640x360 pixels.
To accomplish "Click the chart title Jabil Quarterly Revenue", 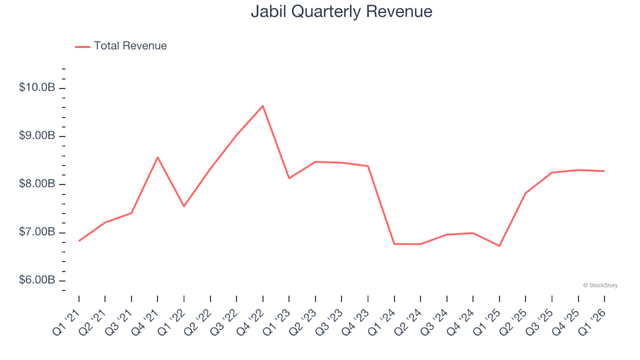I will coord(341,12).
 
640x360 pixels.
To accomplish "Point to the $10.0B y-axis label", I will coord(37,88).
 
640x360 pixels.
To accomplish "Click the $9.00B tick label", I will coord(37,136).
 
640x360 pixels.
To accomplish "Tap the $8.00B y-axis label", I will coord(37,184).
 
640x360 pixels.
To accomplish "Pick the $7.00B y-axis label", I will coord(37,232).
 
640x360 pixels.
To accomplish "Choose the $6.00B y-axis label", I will coord(37,280).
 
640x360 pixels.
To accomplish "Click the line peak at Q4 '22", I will coord(263,106).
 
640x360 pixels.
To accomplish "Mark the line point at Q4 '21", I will coord(157,157).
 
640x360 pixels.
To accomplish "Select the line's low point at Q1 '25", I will coord(499,246).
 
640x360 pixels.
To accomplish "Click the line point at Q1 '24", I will coord(394,244).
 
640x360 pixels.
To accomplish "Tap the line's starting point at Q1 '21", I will coord(79,241).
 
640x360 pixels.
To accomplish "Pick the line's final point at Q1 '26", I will coord(605,171).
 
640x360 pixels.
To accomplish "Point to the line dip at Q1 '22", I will coord(184,206).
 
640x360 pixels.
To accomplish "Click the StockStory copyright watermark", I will coord(600,285).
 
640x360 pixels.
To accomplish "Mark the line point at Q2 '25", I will coord(525,193).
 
